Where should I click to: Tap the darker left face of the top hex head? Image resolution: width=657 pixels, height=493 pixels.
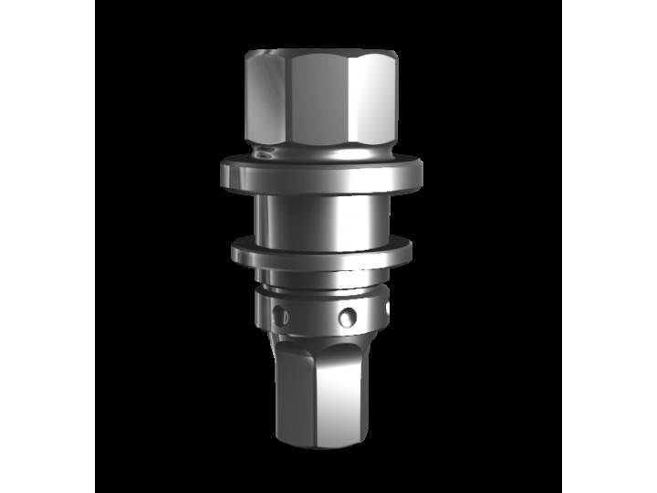[265, 100]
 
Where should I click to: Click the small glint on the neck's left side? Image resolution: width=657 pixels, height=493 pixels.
[265, 153]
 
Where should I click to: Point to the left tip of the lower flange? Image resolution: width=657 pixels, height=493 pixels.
[234, 249]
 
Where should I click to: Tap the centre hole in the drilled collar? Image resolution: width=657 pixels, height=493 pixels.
[347, 318]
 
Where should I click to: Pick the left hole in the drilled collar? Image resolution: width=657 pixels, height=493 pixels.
[279, 317]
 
